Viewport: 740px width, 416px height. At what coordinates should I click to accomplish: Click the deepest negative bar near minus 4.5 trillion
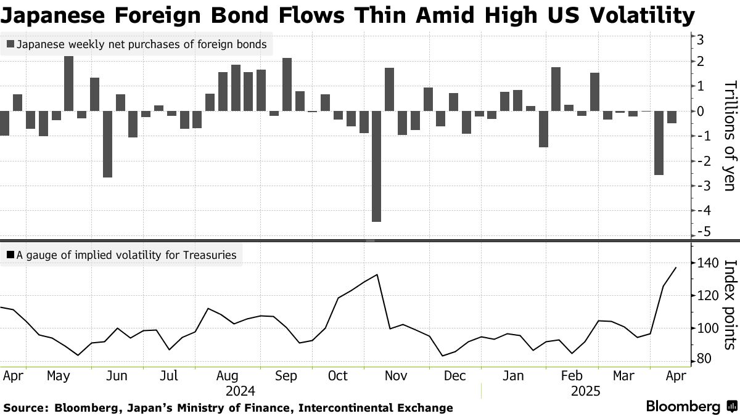click(376, 166)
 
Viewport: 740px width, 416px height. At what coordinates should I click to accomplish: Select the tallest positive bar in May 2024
click(69, 83)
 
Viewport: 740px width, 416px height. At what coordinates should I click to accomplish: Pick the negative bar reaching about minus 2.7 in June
click(107, 144)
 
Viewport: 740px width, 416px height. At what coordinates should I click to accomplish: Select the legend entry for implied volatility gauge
click(121, 255)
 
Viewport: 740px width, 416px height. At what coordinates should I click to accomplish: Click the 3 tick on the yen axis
click(701, 39)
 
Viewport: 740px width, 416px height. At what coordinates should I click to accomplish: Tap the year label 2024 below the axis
click(240, 391)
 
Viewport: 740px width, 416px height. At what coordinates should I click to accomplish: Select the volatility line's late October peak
click(377, 275)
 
